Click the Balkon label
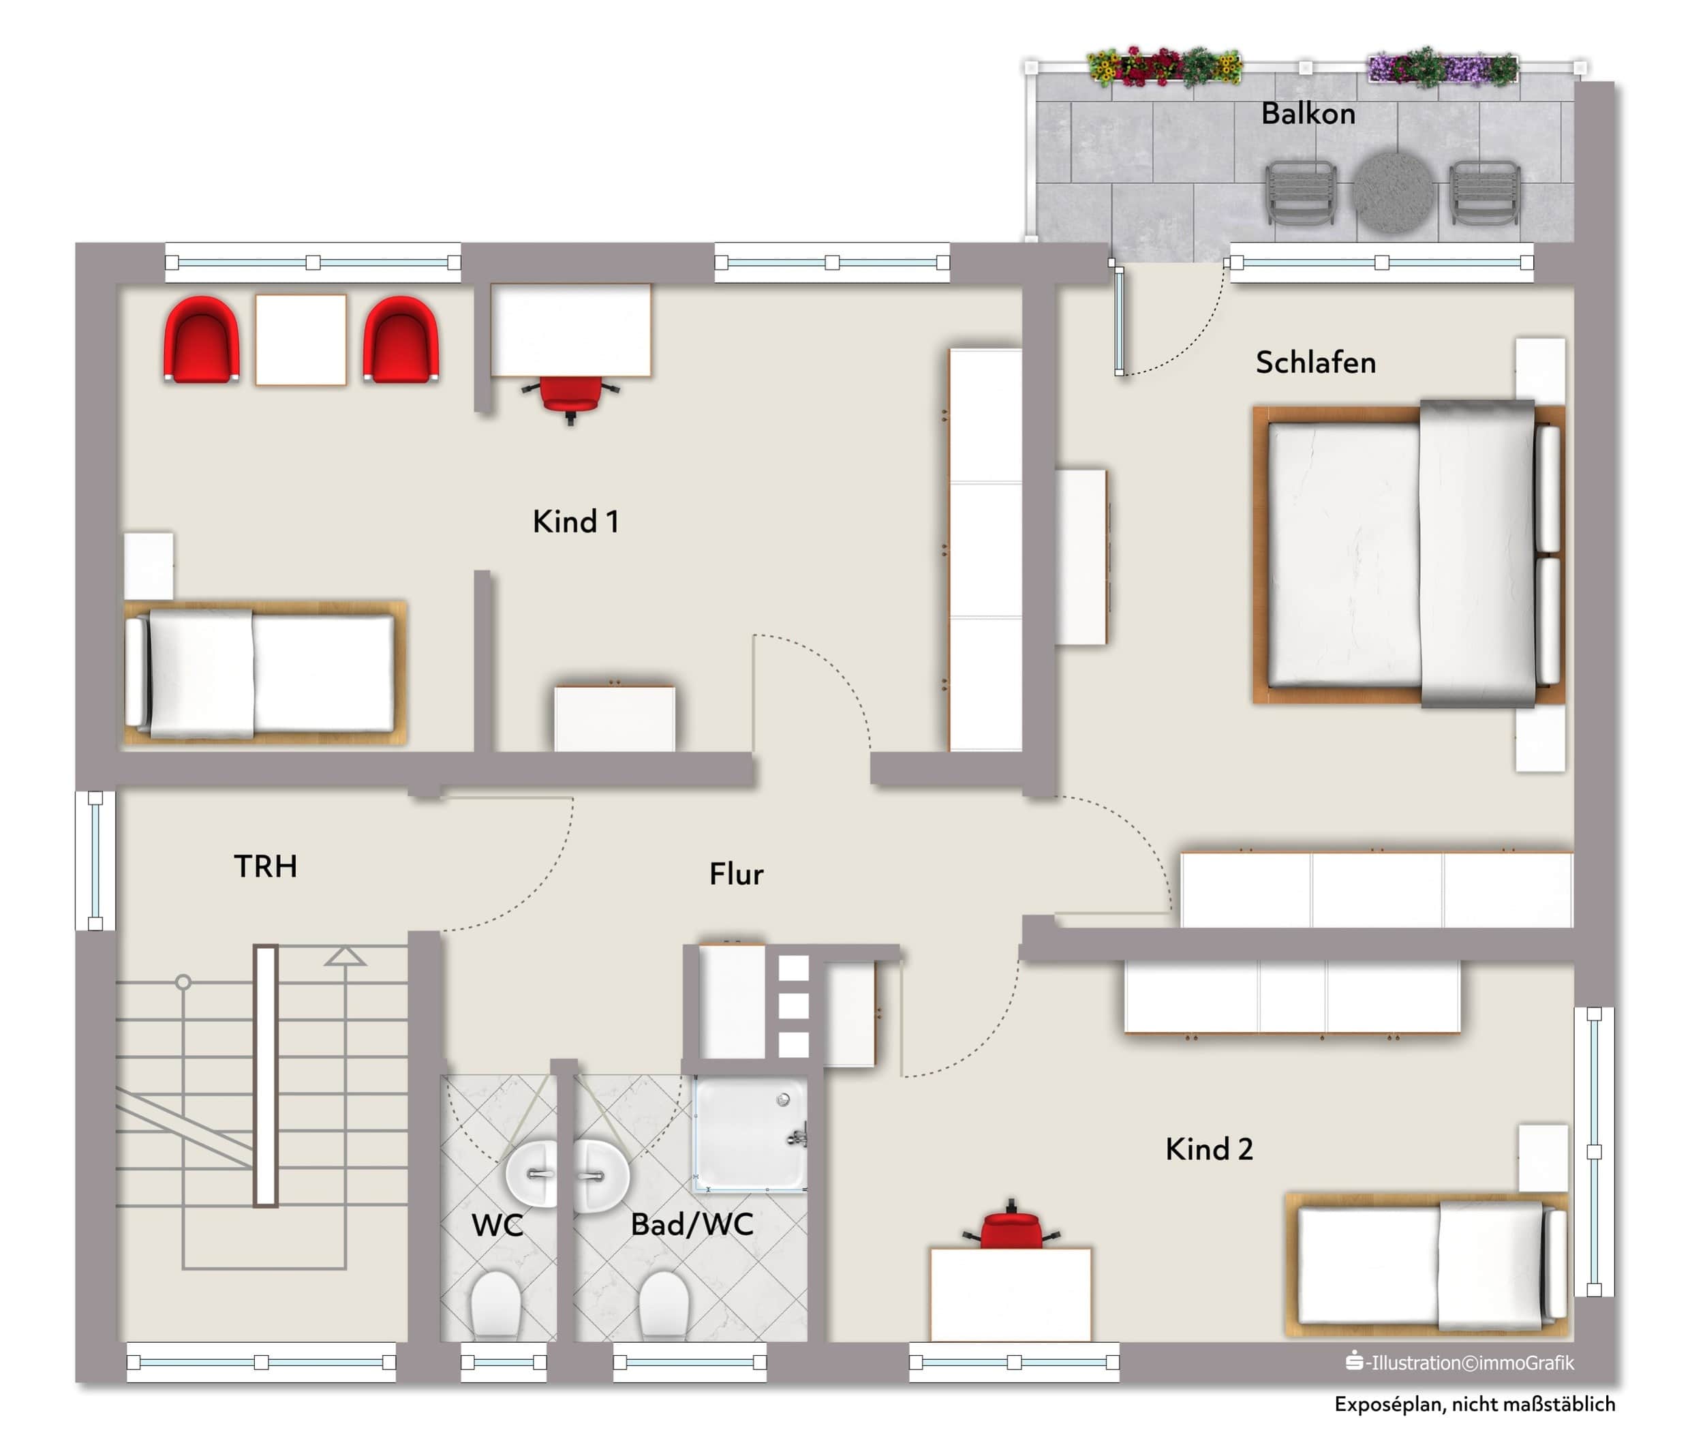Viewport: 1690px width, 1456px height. (1308, 113)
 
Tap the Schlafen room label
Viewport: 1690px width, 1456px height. (1316, 362)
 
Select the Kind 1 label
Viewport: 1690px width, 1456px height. (576, 521)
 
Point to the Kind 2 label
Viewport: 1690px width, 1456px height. (1209, 1149)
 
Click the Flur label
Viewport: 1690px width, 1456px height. (737, 874)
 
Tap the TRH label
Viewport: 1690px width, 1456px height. (266, 866)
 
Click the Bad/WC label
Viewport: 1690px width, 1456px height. (692, 1224)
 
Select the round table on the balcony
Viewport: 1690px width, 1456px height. (1392, 192)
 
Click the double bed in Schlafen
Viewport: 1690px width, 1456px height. (1408, 555)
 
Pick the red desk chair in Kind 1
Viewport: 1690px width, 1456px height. (570, 397)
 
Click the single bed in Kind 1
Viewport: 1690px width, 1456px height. (264, 673)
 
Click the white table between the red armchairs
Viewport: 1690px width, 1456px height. (301, 339)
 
